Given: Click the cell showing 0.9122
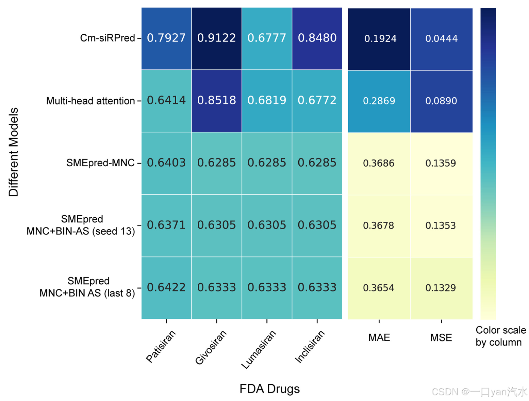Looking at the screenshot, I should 216,38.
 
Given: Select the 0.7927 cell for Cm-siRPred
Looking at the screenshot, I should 166,38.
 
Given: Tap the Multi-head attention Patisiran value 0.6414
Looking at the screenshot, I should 166,100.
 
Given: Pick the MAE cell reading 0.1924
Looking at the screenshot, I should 380,39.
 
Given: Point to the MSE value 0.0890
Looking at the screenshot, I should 441,101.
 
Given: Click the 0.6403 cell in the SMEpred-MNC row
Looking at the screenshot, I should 166,163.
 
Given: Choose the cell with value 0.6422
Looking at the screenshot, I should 166,288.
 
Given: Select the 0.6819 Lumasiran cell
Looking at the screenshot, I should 267,100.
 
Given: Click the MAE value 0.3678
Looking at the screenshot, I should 379,225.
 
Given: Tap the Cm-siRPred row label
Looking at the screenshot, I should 108,38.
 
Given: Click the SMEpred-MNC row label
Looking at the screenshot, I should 100,163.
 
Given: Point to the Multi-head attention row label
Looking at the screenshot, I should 90,101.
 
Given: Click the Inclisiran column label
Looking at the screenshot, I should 310,346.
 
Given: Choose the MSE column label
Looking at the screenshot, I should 441,338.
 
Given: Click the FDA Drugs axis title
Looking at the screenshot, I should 269,389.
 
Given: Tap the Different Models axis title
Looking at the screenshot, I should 14,152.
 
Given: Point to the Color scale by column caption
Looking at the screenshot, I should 500,336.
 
